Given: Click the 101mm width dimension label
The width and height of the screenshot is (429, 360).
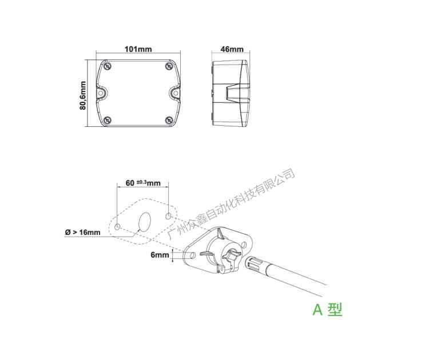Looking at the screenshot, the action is click(138, 49).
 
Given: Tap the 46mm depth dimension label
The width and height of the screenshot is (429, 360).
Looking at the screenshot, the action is click(232, 49).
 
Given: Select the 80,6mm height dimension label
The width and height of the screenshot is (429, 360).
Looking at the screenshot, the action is click(83, 95).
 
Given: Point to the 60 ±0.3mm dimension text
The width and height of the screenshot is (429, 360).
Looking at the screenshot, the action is click(143, 183).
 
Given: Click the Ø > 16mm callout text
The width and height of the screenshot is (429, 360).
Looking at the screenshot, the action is click(82, 233).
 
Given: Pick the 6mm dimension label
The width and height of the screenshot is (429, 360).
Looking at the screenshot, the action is click(160, 255).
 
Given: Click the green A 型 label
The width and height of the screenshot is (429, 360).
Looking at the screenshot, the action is click(327, 310).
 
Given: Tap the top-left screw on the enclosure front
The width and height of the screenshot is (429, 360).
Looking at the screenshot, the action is click(107, 66).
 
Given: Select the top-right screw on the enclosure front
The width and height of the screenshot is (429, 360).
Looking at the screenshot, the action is click(169, 66).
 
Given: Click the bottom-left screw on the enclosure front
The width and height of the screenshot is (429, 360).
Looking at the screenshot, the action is click(107, 120).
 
